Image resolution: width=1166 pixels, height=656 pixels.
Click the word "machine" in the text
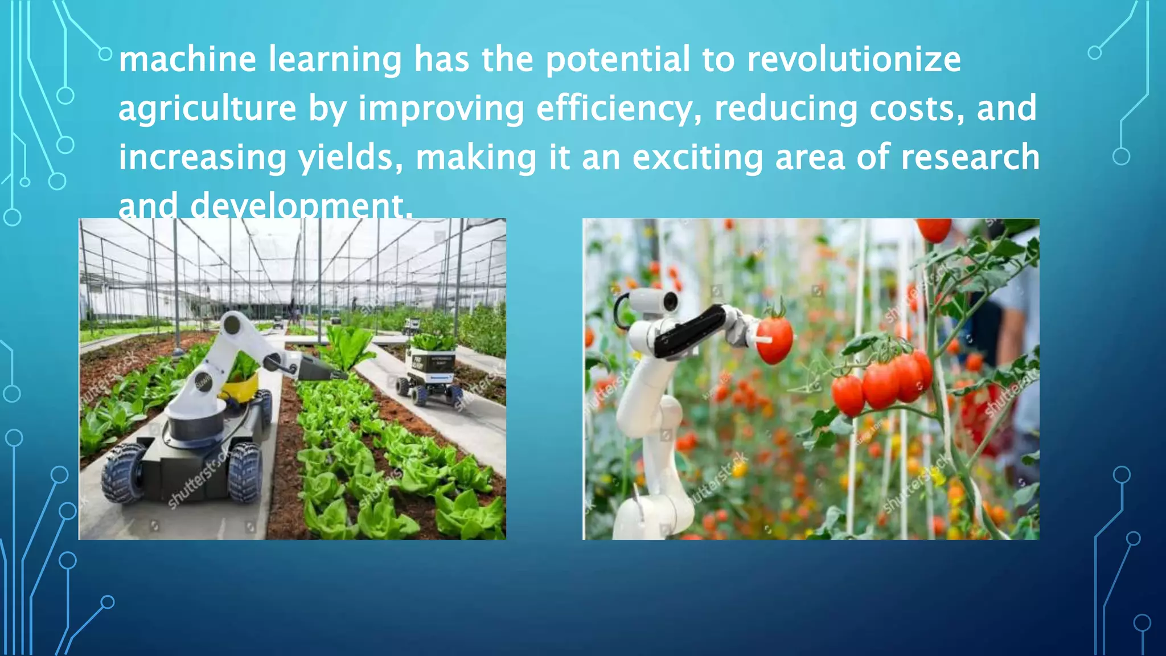187,59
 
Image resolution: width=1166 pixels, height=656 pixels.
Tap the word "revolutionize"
853,59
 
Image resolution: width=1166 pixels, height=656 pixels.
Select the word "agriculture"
207,108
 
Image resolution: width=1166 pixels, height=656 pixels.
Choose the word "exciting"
697,157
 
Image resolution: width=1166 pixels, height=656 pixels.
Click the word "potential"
618,59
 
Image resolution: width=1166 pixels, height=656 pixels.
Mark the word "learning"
335,59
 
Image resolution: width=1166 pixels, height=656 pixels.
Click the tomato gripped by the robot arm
774,341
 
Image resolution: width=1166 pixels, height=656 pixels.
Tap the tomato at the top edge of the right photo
934,229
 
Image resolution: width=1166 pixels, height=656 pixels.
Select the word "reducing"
786,108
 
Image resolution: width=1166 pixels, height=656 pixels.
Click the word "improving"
441,108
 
